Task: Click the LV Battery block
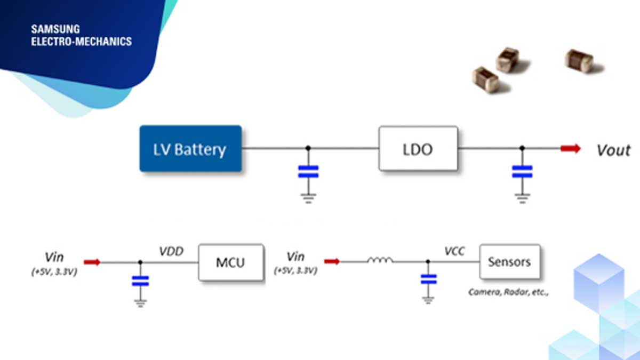click(190, 149)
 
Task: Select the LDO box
click(418, 149)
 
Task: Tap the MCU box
click(231, 263)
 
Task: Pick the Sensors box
click(509, 262)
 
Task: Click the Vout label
click(613, 150)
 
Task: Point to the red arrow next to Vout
click(570, 149)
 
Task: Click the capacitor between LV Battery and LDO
click(308, 171)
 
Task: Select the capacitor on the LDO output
click(522, 171)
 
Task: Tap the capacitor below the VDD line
click(140, 281)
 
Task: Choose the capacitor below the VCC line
click(428, 279)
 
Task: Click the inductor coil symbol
click(380, 261)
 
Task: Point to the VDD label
click(172, 250)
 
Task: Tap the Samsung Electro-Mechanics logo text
click(81, 35)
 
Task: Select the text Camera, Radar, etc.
click(508, 292)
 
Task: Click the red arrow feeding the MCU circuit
click(92, 262)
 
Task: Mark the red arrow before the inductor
click(332, 261)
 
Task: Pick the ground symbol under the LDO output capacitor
click(522, 197)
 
